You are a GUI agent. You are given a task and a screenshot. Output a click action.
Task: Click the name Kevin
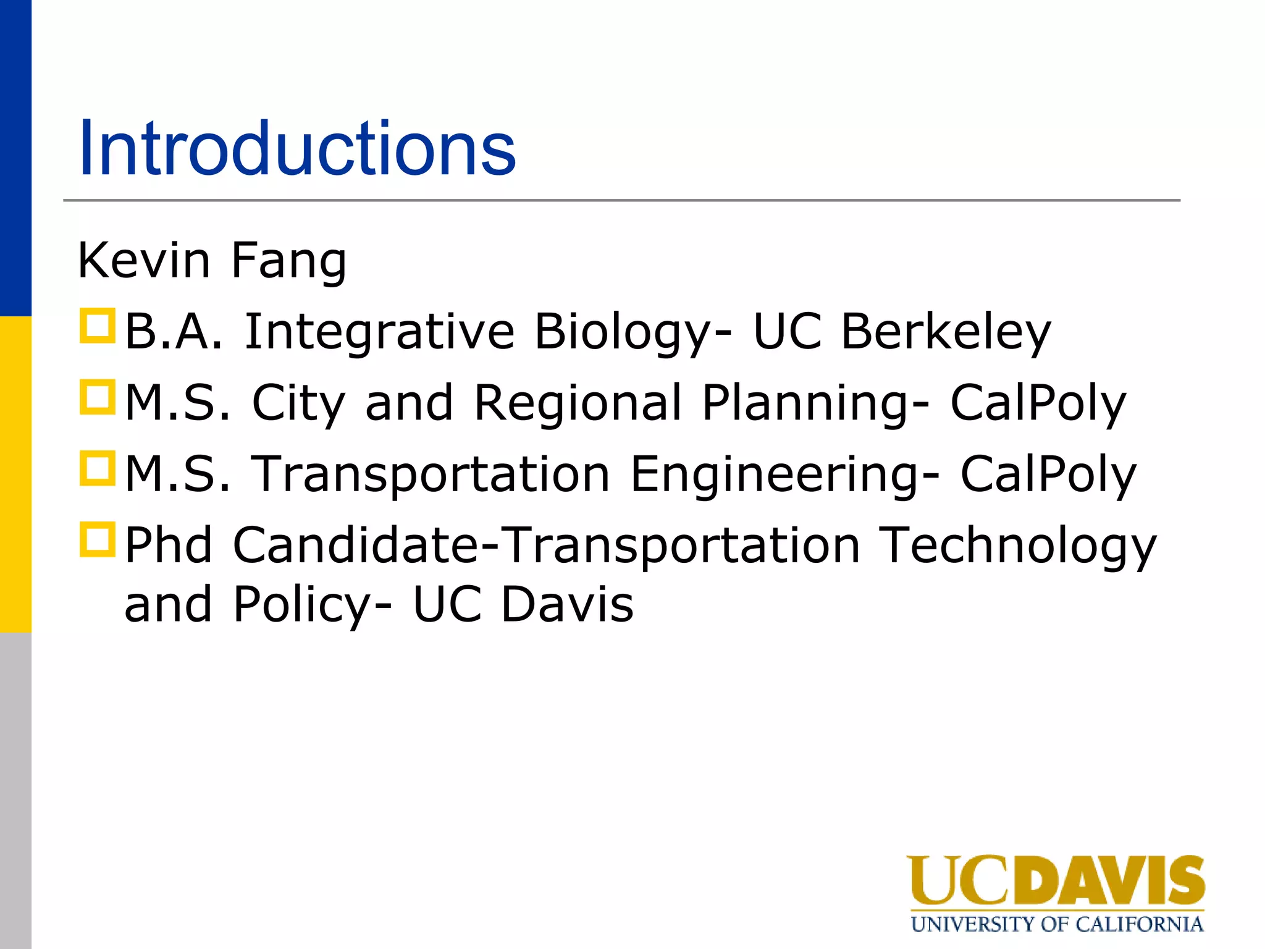[x=144, y=261]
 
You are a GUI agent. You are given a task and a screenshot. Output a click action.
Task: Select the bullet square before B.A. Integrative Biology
[x=98, y=326]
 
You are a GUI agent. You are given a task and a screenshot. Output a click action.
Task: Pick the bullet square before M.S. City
[x=98, y=397]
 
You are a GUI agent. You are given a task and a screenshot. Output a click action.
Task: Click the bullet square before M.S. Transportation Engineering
[x=98, y=468]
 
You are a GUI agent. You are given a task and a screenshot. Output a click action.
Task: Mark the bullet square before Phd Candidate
[x=98, y=539]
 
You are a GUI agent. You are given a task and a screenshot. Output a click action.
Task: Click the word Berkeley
[x=946, y=332]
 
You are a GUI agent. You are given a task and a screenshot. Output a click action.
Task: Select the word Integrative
[x=380, y=332]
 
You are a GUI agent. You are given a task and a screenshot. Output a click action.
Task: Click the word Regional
[x=578, y=403]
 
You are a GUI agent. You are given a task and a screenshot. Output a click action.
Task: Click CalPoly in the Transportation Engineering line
[x=1048, y=474]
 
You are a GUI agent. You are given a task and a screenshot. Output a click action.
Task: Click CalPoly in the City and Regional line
[x=1038, y=403]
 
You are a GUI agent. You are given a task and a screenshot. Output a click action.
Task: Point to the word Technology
[x=1017, y=546]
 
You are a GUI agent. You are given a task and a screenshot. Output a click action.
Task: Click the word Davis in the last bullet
[x=566, y=604]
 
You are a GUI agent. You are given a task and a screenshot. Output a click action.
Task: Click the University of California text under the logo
[x=1057, y=924]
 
